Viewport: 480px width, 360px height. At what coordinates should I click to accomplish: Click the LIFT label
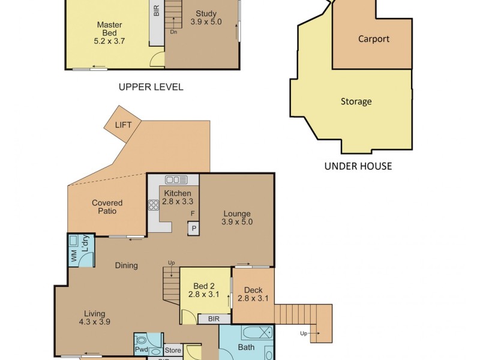[124, 125]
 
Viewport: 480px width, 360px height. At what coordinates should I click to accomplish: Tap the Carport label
[374, 39]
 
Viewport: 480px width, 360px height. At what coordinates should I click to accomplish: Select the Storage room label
[356, 101]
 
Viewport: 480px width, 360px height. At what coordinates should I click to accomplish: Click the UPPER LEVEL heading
[151, 87]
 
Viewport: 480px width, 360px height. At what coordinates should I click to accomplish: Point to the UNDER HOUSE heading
[358, 166]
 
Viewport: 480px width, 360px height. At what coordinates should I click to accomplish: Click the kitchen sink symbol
[176, 179]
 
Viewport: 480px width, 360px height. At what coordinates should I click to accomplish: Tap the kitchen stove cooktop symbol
[154, 205]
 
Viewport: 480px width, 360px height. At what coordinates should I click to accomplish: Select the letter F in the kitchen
[193, 214]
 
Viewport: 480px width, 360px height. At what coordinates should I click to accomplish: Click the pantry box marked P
[194, 229]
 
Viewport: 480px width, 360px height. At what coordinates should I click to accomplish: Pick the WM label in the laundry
[74, 256]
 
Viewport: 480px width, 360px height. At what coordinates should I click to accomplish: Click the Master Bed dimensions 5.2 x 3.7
[109, 41]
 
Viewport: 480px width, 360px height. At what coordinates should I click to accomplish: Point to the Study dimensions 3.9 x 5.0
[206, 22]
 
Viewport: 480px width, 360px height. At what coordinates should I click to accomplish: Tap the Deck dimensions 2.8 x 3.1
[253, 298]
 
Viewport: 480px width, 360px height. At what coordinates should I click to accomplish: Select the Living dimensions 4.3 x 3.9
[95, 322]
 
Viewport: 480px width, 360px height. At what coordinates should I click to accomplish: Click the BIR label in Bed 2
[214, 319]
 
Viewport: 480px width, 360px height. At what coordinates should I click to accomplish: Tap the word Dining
[127, 265]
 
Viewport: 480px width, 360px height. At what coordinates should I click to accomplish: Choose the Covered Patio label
[107, 207]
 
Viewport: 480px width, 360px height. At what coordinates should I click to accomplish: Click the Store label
[173, 350]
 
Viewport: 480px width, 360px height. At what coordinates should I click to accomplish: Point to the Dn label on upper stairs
[173, 32]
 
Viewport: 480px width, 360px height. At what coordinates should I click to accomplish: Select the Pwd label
[142, 350]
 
